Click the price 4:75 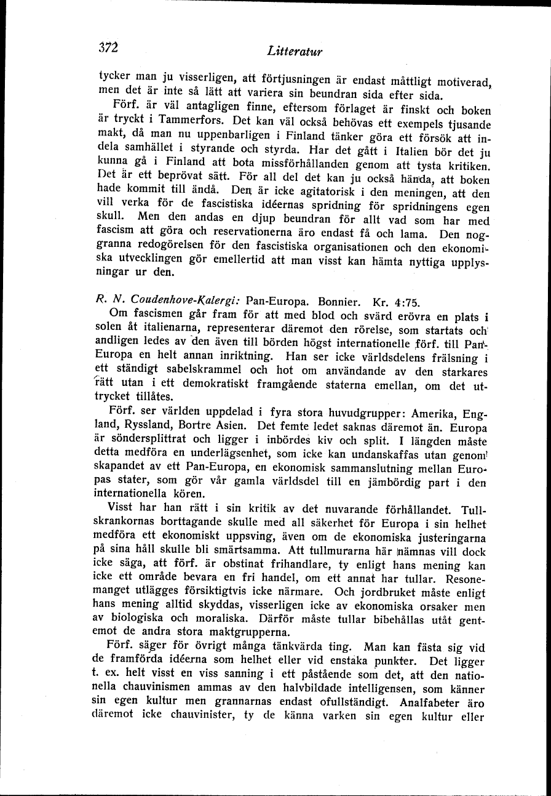pyautogui.click(x=403, y=302)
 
